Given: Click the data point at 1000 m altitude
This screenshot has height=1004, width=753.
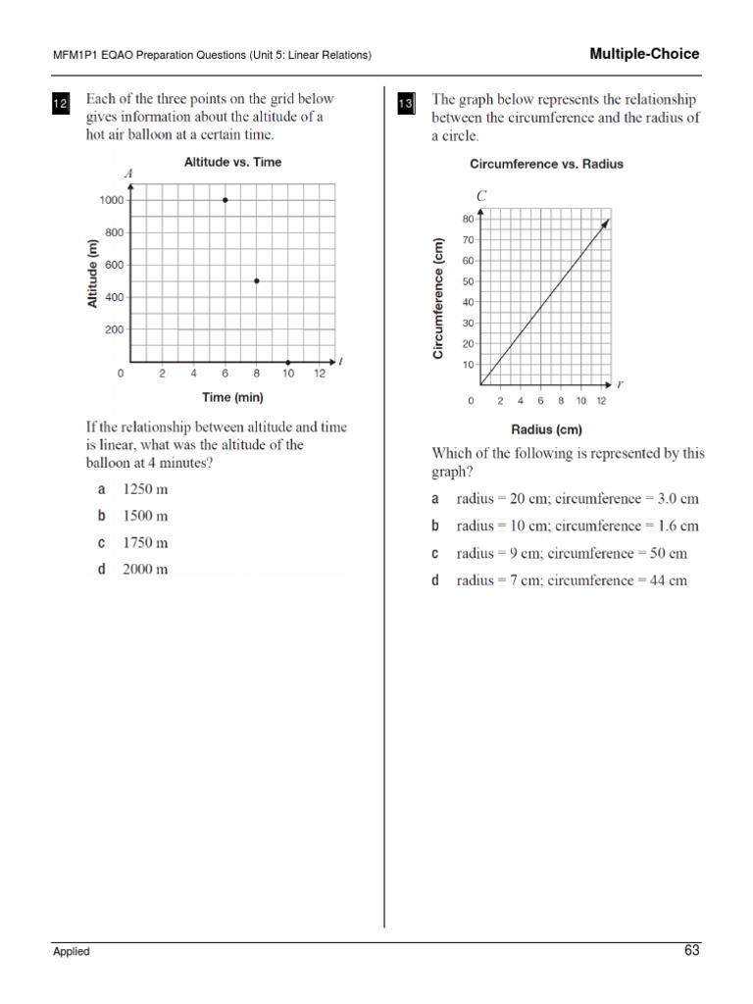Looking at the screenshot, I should (x=226, y=200).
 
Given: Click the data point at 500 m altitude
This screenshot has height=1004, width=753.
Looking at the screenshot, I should (x=256, y=281).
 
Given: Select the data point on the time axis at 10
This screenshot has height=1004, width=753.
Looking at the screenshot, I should (x=287, y=362).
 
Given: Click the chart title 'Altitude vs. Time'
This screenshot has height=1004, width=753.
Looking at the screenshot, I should (x=232, y=163).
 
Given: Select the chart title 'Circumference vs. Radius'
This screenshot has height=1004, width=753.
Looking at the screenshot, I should (x=546, y=164).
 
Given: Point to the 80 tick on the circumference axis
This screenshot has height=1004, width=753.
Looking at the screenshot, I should (x=468, y=219).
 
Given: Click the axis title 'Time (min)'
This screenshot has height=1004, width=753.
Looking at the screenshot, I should (x=232, y=397).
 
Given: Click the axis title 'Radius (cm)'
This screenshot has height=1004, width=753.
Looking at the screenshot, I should (x=546, y=428).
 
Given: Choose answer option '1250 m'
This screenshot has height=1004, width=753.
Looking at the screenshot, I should (x=144, y=488).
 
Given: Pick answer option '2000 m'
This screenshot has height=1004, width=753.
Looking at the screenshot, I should (x=144, y=569).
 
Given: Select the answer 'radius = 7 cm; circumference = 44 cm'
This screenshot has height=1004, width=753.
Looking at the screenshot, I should (x=572, y=580).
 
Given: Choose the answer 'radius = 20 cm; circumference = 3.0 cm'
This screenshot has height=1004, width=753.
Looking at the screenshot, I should (x=577, y=499).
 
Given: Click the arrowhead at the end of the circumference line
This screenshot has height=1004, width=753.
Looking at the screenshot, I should (x=606, y=224).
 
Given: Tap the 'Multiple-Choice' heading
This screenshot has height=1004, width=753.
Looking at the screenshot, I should (x=644, y=54).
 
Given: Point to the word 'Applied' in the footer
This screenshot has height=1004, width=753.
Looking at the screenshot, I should (x=72, y=951).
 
